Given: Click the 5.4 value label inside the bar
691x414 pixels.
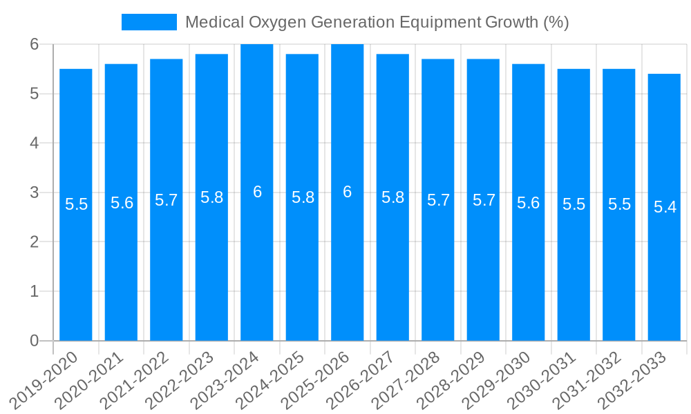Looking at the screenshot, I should (x=665, y=207).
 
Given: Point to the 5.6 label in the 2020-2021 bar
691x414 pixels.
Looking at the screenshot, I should (x=122, y=204).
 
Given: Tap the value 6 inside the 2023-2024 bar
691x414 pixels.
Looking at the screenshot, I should (x=257, y=193).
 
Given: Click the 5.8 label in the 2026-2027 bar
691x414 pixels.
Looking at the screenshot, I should (x=392, y=198).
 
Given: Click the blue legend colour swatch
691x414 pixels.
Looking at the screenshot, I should (x=149, y=22).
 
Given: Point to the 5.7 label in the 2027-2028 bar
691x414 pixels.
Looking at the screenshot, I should (x=438, y=201).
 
